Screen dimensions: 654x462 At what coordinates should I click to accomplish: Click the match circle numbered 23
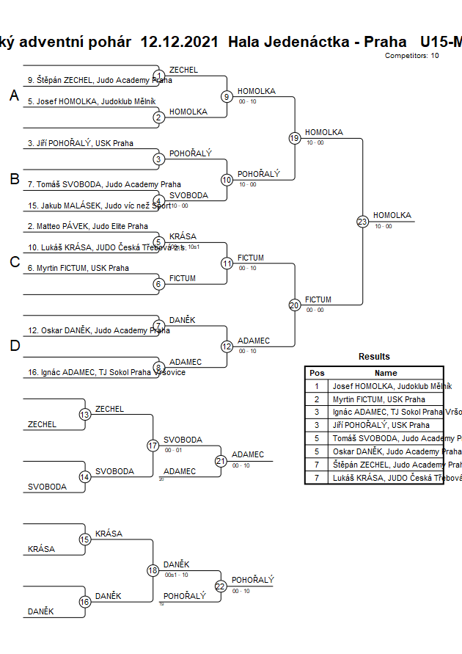coord(362,221)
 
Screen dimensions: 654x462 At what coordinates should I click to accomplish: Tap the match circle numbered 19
coord(295,138)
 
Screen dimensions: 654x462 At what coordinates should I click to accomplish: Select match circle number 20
coord(295,305)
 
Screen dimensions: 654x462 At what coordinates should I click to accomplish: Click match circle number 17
coord(153,445)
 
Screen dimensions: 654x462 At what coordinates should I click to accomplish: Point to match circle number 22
coord(221,586)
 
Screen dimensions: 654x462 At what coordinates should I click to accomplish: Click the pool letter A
coord(14,95)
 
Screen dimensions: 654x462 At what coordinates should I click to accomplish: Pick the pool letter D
coord(14,346)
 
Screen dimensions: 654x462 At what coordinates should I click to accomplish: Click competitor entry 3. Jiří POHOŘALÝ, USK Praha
coord(81,143)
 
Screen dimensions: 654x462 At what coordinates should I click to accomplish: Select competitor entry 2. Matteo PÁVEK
coord(87,227)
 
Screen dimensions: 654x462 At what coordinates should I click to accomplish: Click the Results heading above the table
coord(374,357)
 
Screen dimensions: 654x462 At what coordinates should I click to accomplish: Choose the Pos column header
coord(317,373)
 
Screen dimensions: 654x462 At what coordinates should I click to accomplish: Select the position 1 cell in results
coord(317,386)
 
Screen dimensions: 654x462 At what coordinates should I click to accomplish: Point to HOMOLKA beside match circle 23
coord(392,215)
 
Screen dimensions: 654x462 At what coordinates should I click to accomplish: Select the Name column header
coord(385,373)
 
